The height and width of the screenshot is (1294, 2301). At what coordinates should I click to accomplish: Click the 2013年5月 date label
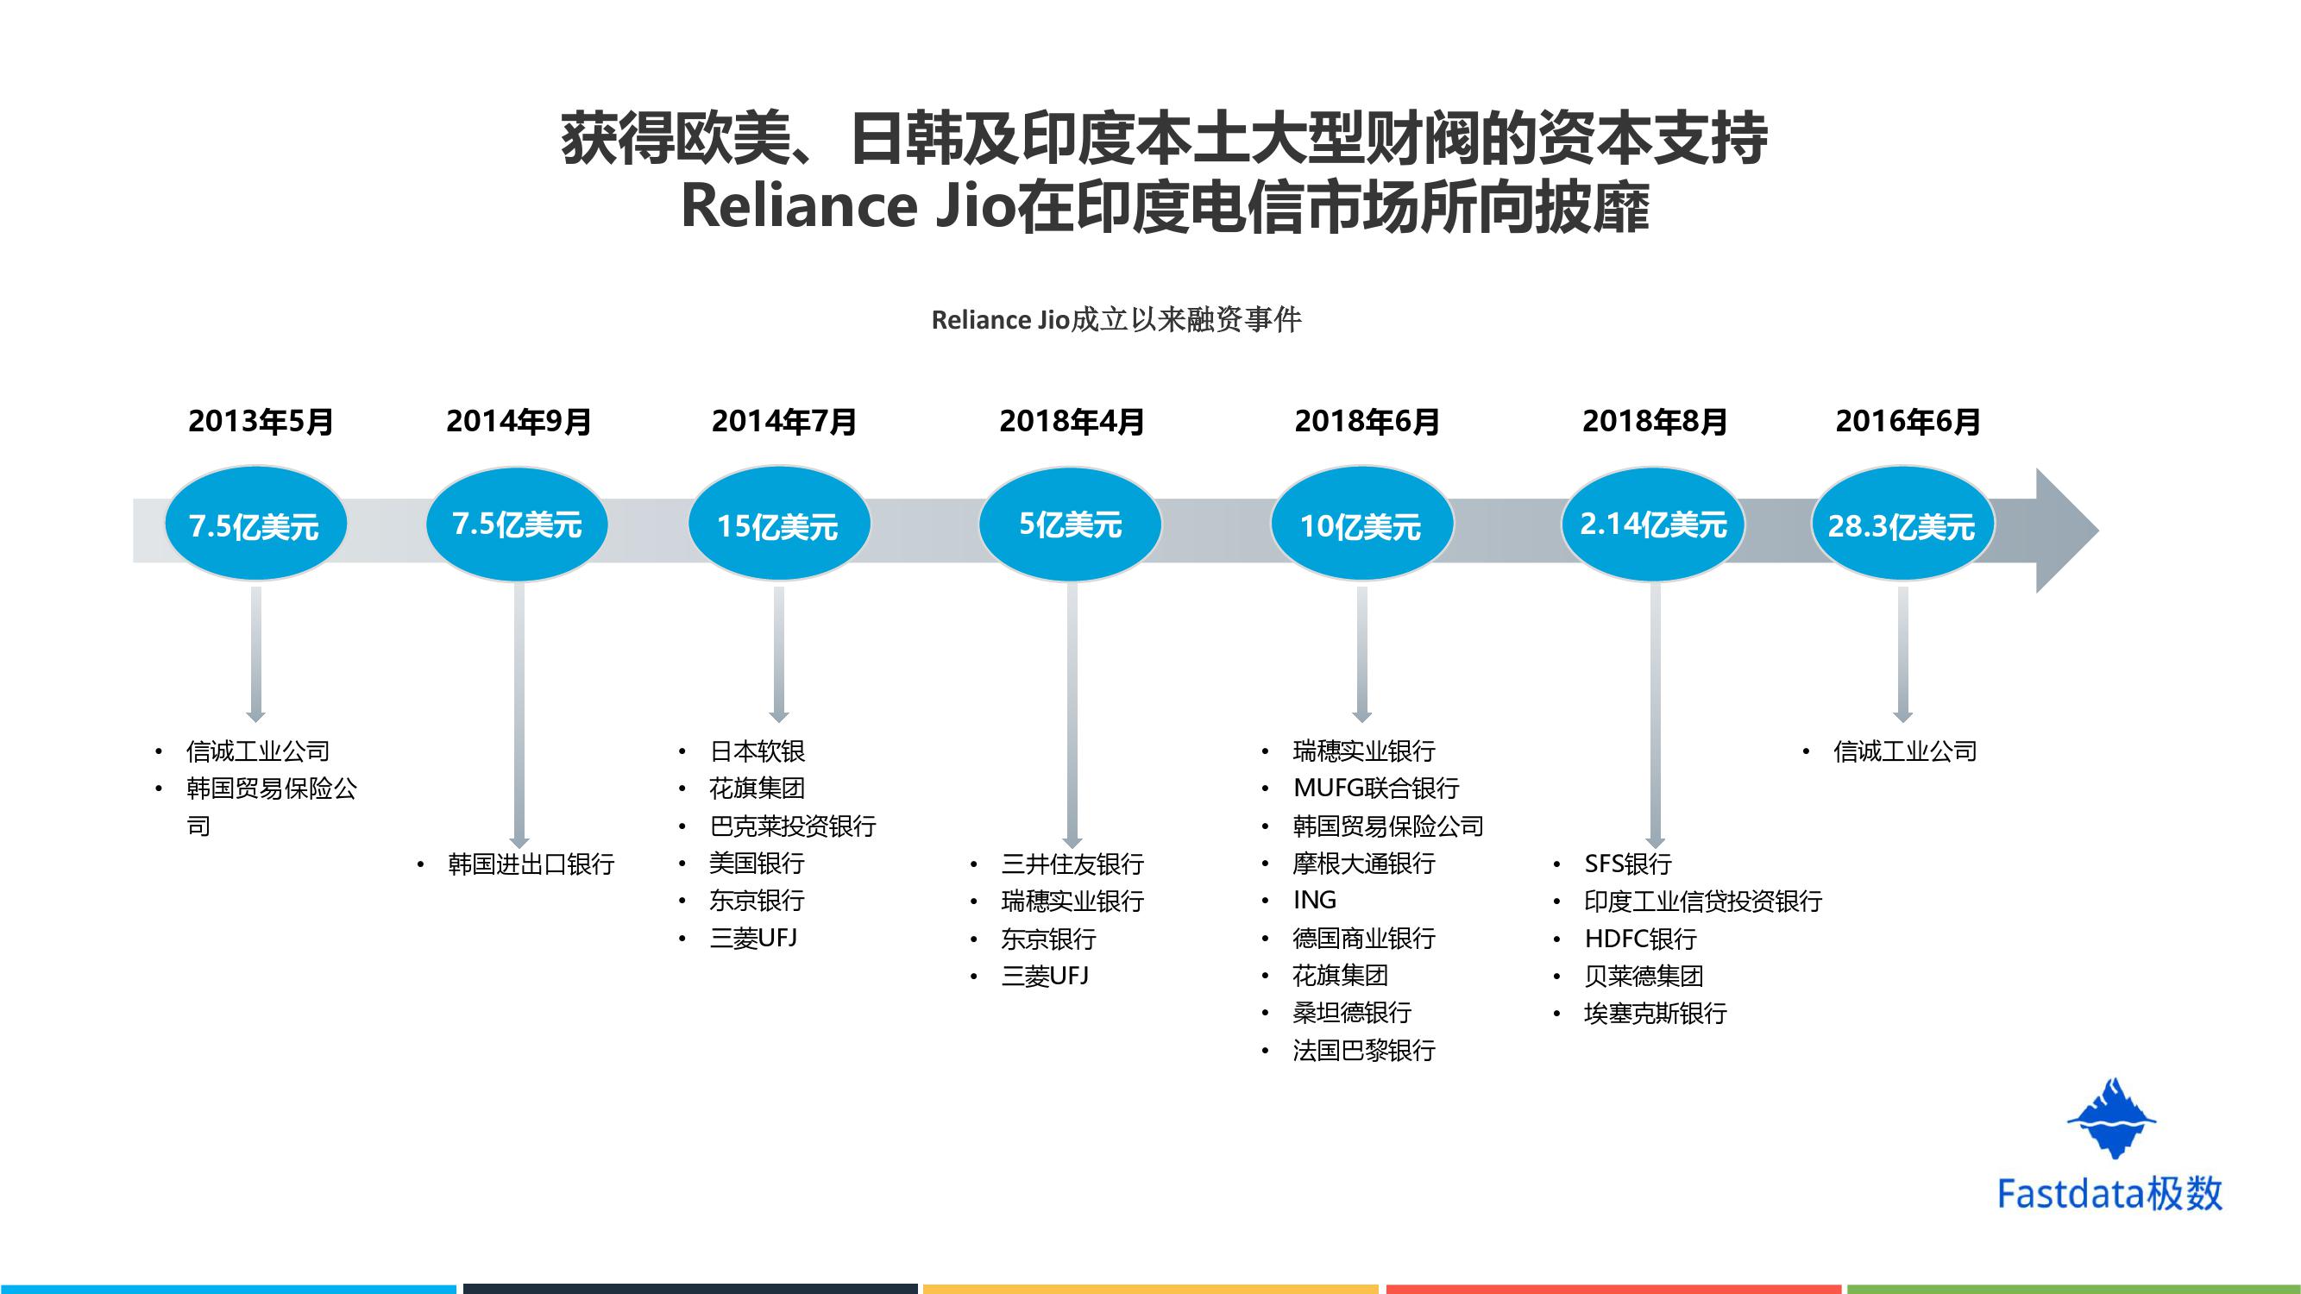pyautogui.click(x=260, y=422)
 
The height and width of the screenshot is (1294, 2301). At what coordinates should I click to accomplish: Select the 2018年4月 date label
pyautogui.click(x=1071, y=422)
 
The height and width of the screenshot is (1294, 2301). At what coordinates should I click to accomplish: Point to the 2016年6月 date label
pyautogui.click(x=1907, y=422)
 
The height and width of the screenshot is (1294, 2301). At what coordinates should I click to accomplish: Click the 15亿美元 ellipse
pyautogui.click(x=778, y=525)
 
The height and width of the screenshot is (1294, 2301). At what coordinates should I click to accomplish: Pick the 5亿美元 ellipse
pyautogui.click(x=1070, y=525)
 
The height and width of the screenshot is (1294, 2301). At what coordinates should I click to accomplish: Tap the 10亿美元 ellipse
pyautogui.click(x=1361, y=525)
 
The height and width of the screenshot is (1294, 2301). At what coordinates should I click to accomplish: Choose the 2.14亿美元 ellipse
pyautogui.click(x=1652, y=525)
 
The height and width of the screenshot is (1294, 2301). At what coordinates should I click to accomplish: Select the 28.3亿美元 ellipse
pyautogui.click(x=1902, y=525)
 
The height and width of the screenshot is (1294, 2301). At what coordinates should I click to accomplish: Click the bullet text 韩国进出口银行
pyautogui.click(x=531, y=864)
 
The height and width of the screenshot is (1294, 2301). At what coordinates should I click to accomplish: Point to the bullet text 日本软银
pyautogui.click(x=757, y=751)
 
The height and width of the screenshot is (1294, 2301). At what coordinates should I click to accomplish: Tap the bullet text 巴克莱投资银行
pyautogui.click(x=792, y=826)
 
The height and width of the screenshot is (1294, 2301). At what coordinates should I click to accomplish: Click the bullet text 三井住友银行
pyautogui.click(x=1072, y=864)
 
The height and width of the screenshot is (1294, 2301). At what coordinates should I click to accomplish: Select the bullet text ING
pyautogui.click(x=1314, y=900)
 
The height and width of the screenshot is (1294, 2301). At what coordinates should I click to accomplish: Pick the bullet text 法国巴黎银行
pyautogui.click(x=1363, y=1050)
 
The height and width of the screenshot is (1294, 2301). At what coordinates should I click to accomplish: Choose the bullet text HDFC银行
pyautogui.click(x=1640, y=939)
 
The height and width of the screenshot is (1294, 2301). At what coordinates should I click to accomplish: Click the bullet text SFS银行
pyautogui.click(x=1627, y=864)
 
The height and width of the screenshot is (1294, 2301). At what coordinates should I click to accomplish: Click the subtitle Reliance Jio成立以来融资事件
pyautogui.click(x=1116, y=320)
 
